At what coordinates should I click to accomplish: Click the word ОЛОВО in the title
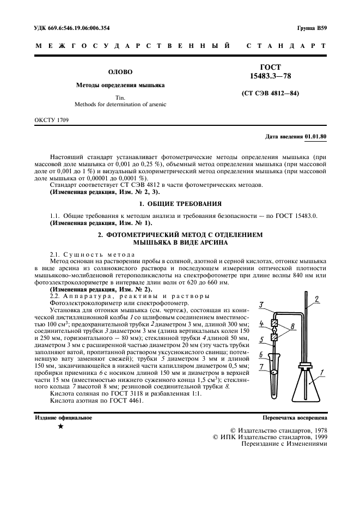pyautogui.click(x=120, y=71)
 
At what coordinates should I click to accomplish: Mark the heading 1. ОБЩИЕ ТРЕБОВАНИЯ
pyautogui.click(x=180, y=204)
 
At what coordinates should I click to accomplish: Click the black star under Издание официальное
pyautogui.click(x=60, y=427)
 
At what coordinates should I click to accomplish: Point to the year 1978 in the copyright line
pyautogui.click(x=316, y=430)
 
